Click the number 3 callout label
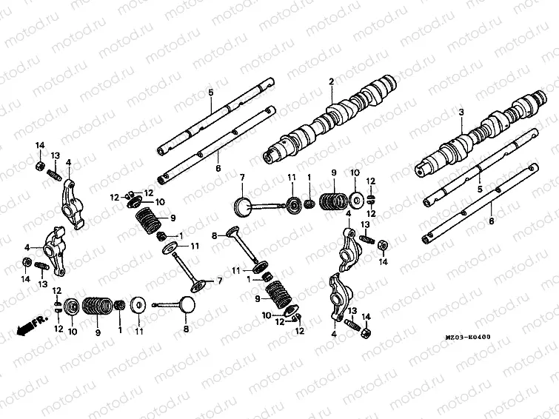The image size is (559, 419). (461, 113)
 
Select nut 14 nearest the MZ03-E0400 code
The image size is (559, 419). (365, 332)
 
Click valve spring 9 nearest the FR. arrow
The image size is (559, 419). (94, 305)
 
